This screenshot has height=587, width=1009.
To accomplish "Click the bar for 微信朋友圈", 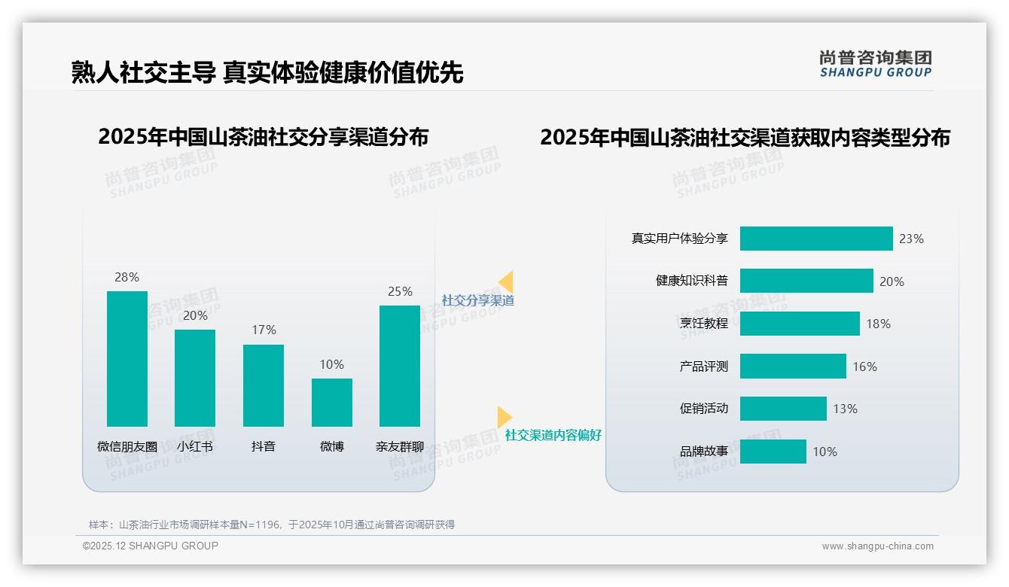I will [127, 358].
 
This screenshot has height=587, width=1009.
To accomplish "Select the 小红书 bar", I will [195, 378].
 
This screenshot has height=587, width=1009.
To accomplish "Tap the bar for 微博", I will [332, 402].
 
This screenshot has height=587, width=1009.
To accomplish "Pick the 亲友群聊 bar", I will [400, 366].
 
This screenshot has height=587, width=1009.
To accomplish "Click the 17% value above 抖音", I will [264, 330].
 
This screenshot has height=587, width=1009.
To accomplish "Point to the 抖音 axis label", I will [264, 446].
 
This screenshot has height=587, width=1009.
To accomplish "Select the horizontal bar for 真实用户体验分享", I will [816, 239].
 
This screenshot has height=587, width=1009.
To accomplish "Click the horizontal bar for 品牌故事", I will [773, 452].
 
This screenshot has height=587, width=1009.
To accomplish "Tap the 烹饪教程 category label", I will [704, 324].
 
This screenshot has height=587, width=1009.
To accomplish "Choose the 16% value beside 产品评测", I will [864, 366].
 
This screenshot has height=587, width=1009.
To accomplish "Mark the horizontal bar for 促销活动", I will [783, 409].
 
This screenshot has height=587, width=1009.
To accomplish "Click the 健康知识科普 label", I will [692, 281].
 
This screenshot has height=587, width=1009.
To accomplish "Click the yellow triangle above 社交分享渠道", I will [506, 282].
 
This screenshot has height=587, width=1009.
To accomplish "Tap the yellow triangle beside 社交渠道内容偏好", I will [504, 417].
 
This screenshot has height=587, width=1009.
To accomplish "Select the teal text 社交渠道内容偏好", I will [553, 435].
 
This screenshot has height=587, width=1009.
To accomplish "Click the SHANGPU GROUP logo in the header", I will [876, 64].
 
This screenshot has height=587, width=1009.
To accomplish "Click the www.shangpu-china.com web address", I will [877, 546].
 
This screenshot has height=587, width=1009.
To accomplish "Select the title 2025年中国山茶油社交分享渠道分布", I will [263, 137].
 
